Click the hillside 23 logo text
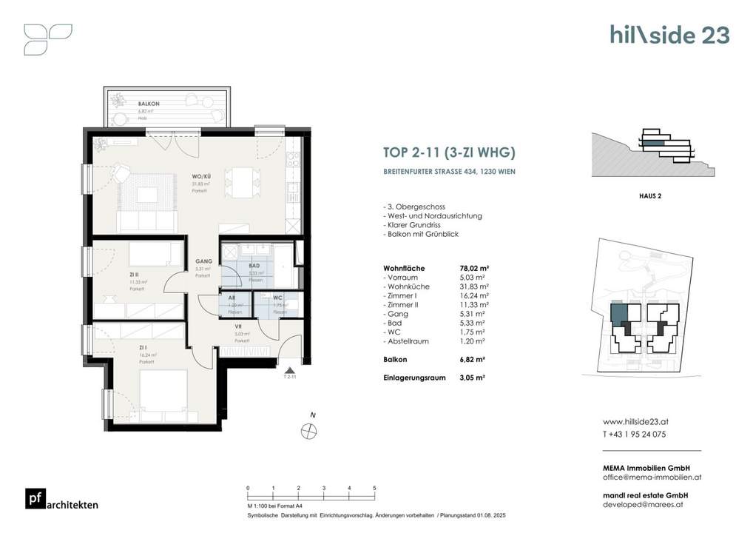pos(669,35)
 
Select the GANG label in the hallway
pos(203,261)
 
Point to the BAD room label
pos(254,265)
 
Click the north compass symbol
pos(309,430)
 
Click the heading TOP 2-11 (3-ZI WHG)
pos(449,153)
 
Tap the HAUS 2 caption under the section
pos(649,196)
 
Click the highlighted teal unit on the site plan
pos(618,314)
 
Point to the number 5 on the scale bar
pos(375,489)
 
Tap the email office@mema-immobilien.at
pos(652,477)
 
